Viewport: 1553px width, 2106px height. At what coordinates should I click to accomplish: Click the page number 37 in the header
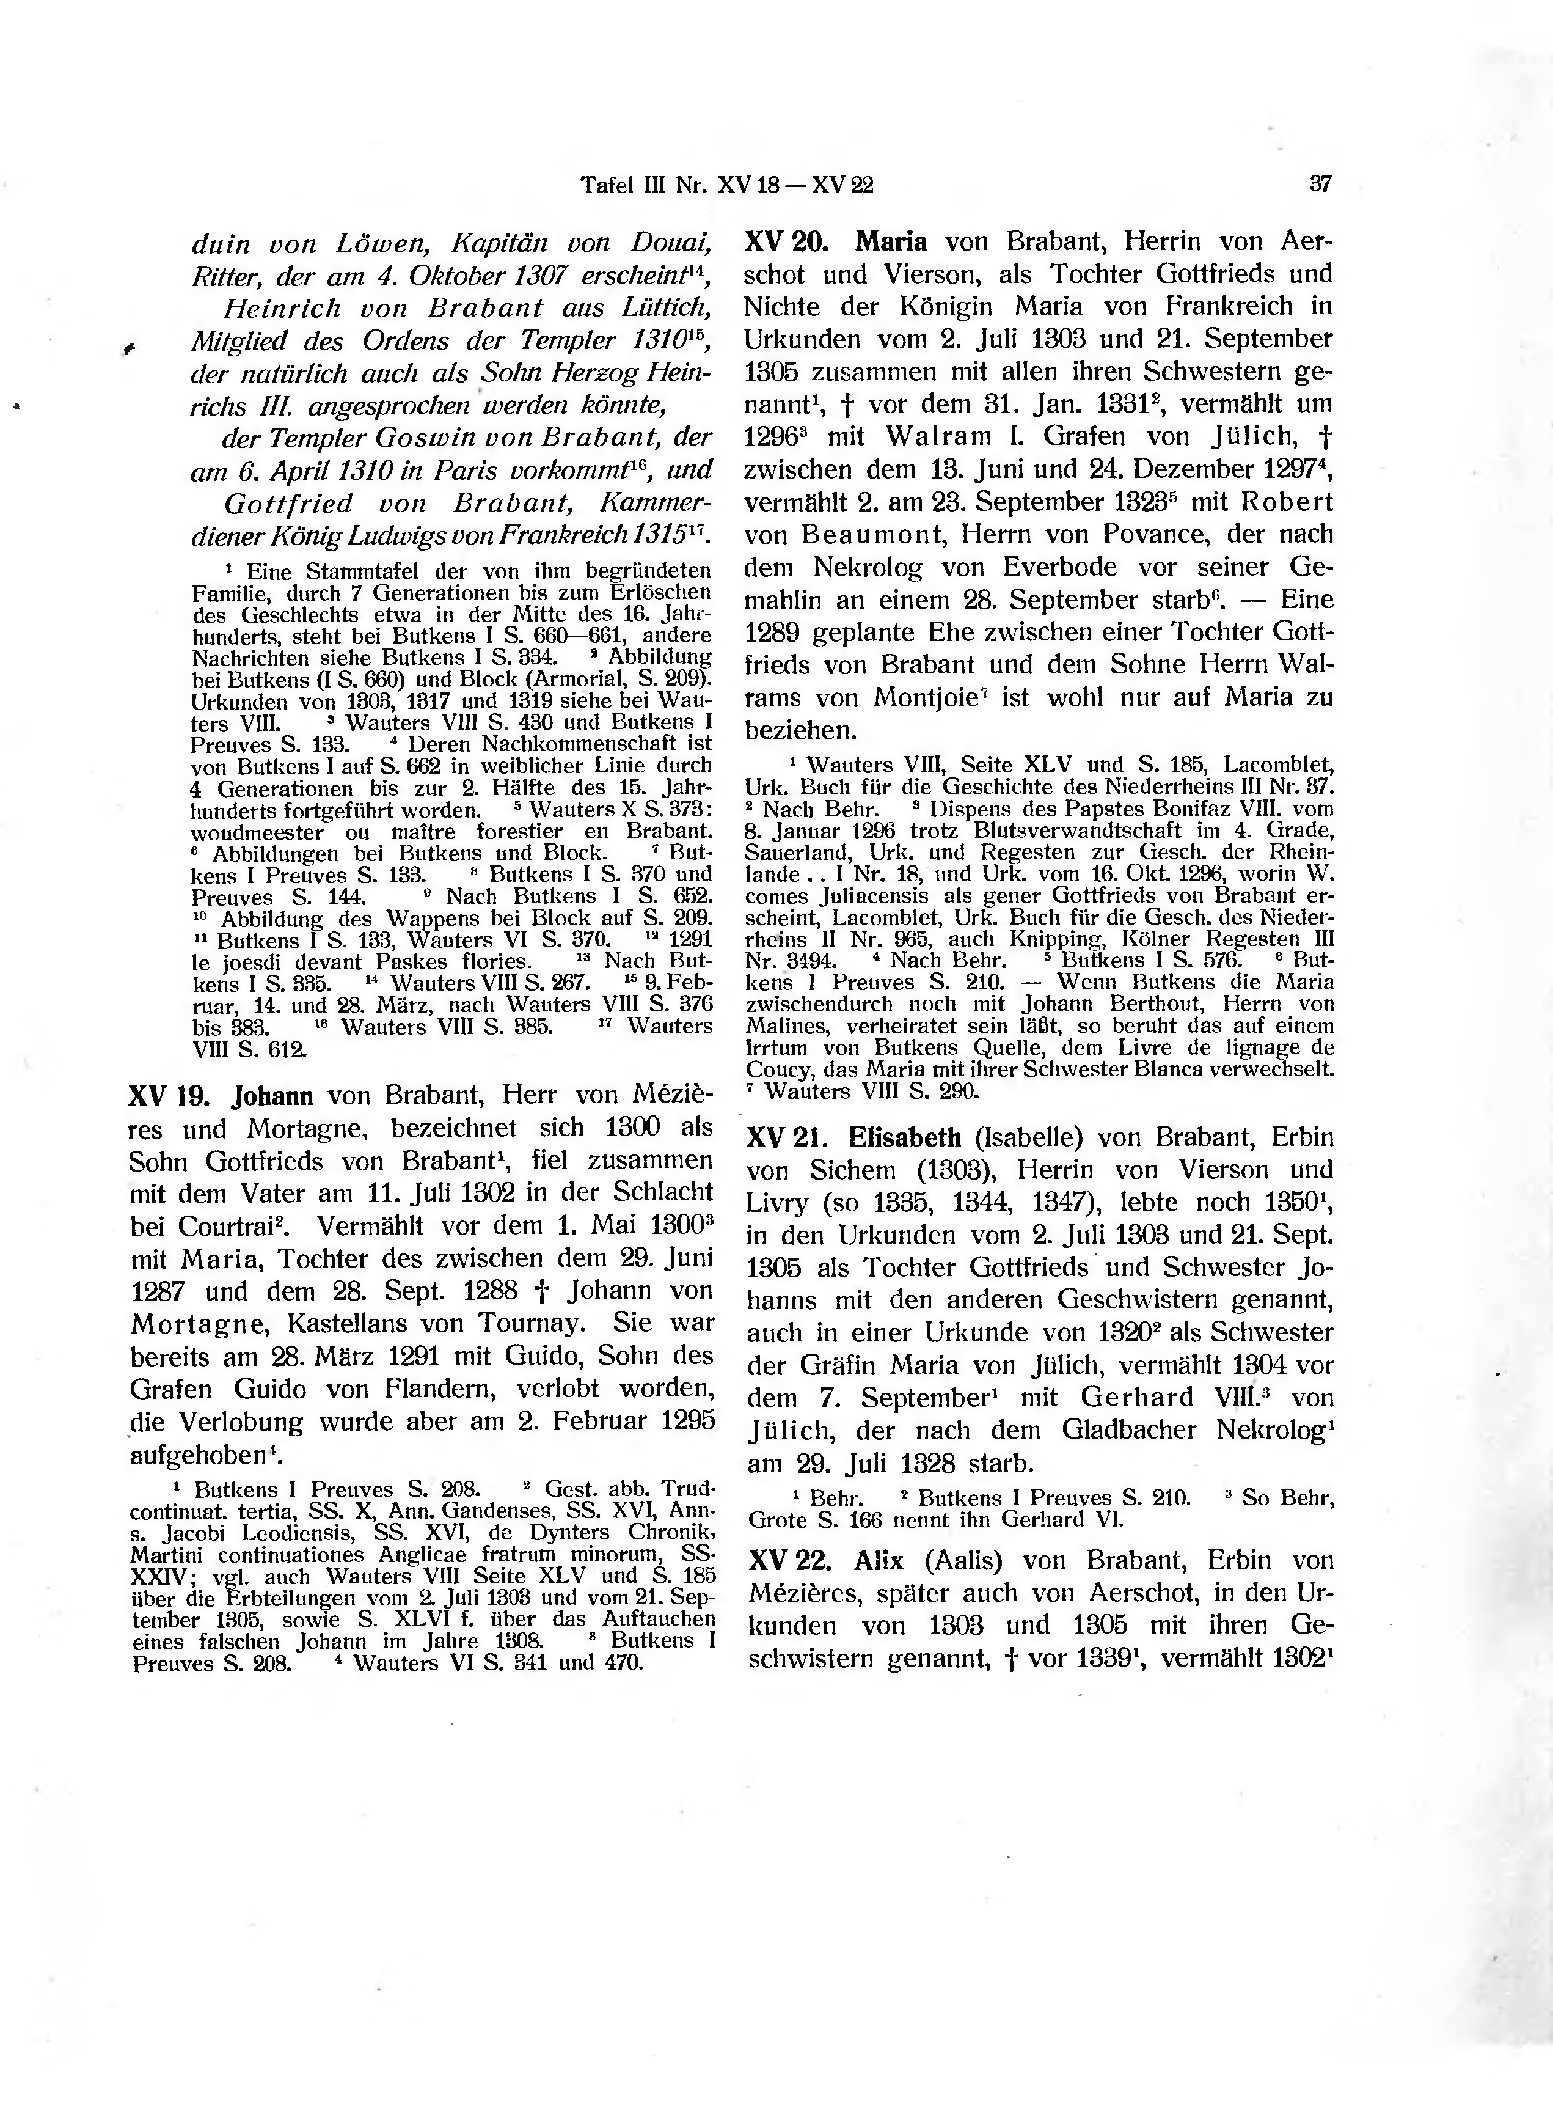pos(1320,185)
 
